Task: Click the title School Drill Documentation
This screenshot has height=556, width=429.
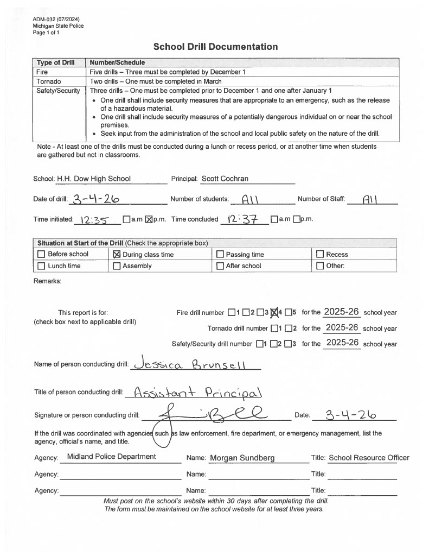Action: pyautogui.click(x=215, y=47)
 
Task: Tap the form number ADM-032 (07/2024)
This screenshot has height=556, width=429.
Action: pyautogui.click(x=53, y=20)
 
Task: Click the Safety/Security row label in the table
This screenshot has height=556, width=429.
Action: pyautogui.click(x=58, y=91)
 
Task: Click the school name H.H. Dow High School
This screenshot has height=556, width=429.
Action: pyautogui.click(x=94, y=179)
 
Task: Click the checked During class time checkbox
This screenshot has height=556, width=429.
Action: pyautogui.click(x=116, y=254)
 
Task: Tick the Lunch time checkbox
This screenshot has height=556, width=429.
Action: pyautogui.click(x=41, y=266)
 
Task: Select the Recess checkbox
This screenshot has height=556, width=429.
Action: pyautogui.click(x=320, y=254)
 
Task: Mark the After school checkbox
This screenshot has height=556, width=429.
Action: pyautogui.click(x=220, y=266)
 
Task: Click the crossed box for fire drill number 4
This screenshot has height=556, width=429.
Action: pyautogui.click(x=273, y=312)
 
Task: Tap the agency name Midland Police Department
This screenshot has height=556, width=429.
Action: pyautogui.click(x=111, y=457)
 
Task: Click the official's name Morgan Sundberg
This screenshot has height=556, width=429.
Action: pyautogui.click(x=242, y=458)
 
